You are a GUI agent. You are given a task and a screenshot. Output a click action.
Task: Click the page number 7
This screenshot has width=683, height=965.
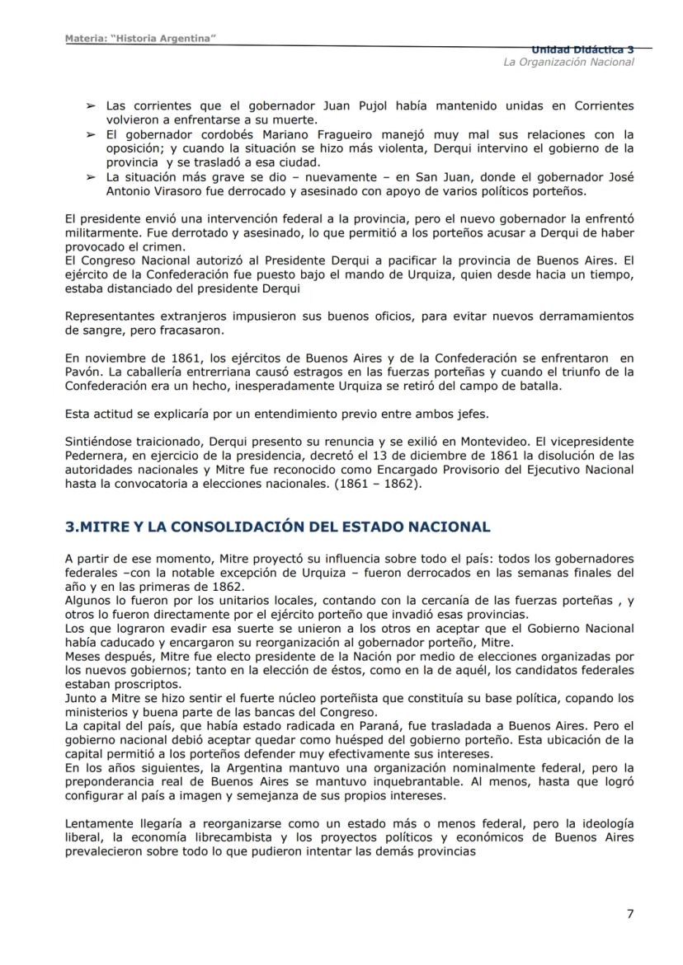630,913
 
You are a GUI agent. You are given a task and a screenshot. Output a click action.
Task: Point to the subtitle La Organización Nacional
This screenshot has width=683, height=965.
568,63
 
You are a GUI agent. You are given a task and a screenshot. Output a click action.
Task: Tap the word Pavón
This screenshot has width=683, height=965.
82,372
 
